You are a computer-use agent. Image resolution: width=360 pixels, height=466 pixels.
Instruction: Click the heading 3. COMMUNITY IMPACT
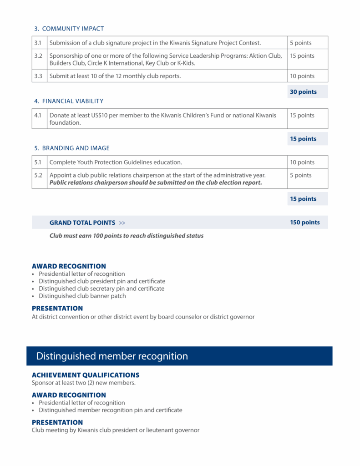click(x=69, y=29)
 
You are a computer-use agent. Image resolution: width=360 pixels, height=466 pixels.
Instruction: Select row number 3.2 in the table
click(x=39, y=56)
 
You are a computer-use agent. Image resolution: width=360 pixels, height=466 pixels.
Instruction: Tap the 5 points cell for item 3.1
click(x=301, y=43)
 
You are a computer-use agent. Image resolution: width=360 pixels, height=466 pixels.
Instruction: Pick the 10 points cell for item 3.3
click(x=302, y=76)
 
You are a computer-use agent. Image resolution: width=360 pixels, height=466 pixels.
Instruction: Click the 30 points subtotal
click(x=303, y=92)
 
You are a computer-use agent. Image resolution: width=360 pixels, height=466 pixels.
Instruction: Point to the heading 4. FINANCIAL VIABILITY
click(x=69, y=101)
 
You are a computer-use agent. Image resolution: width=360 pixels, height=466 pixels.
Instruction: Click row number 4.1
click(x=39, y=116)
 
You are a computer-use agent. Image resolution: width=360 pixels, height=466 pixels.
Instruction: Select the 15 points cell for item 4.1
click(x=302, y=116)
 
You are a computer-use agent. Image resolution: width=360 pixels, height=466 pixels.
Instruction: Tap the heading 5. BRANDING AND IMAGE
click(x=72, y=148)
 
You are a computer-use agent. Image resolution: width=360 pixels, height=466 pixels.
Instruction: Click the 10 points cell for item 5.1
click(x=302, y=162)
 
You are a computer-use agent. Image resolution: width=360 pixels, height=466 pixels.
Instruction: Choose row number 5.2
click(x=39, y=175)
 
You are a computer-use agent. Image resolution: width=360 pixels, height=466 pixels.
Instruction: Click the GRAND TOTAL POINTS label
click(x=82, y=223)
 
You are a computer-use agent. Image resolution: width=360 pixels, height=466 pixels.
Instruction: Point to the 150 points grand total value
click(x=305, y=223)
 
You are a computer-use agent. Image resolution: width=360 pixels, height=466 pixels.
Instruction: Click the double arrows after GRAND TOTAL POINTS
click(x=122, y=223)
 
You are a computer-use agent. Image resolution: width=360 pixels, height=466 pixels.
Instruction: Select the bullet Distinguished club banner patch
click(x=82, y=296)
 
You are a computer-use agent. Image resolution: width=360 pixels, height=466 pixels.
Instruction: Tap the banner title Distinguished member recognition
click(x=112, y=356)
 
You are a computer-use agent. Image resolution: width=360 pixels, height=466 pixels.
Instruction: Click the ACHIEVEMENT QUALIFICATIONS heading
click(x=86, y=375)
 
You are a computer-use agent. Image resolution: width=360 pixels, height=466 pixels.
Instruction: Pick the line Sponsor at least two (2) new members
click(x=84, y=383)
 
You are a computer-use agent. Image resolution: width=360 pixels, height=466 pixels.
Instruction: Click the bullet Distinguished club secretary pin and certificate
click(x=101, y=289)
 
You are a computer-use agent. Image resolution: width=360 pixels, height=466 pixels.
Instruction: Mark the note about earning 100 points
click(x=127, y=236)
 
